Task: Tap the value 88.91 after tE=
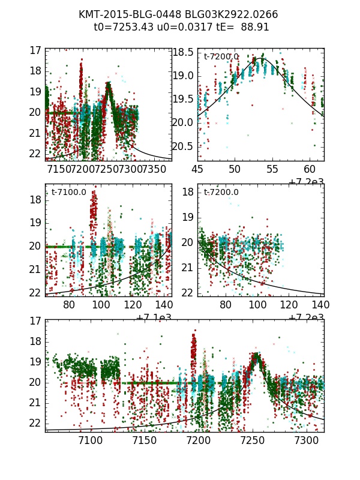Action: [x=255, y=27]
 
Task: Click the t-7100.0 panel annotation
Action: [x=68, y=192]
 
